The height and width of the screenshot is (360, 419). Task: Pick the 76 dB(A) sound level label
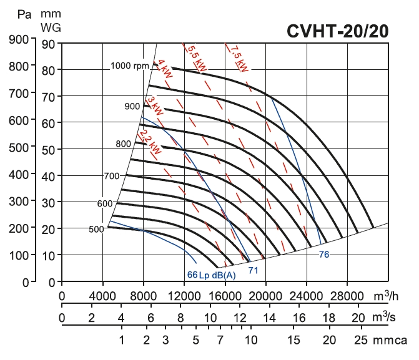pos(323,254)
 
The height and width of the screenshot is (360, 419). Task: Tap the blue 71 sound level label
pos(254,270)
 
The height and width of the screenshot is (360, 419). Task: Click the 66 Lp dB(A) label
pos(211,275)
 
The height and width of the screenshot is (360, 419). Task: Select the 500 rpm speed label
pos(96,230)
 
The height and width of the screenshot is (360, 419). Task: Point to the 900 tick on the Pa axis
pos(23,39)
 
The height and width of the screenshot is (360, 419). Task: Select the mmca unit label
pos(390,341)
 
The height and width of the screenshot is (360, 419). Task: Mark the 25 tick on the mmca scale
pos(360,341)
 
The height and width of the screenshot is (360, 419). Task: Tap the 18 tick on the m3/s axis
pos(329,318)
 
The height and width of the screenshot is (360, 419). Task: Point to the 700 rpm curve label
pos(111,176)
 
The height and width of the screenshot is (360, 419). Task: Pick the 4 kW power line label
pos(165,71)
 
